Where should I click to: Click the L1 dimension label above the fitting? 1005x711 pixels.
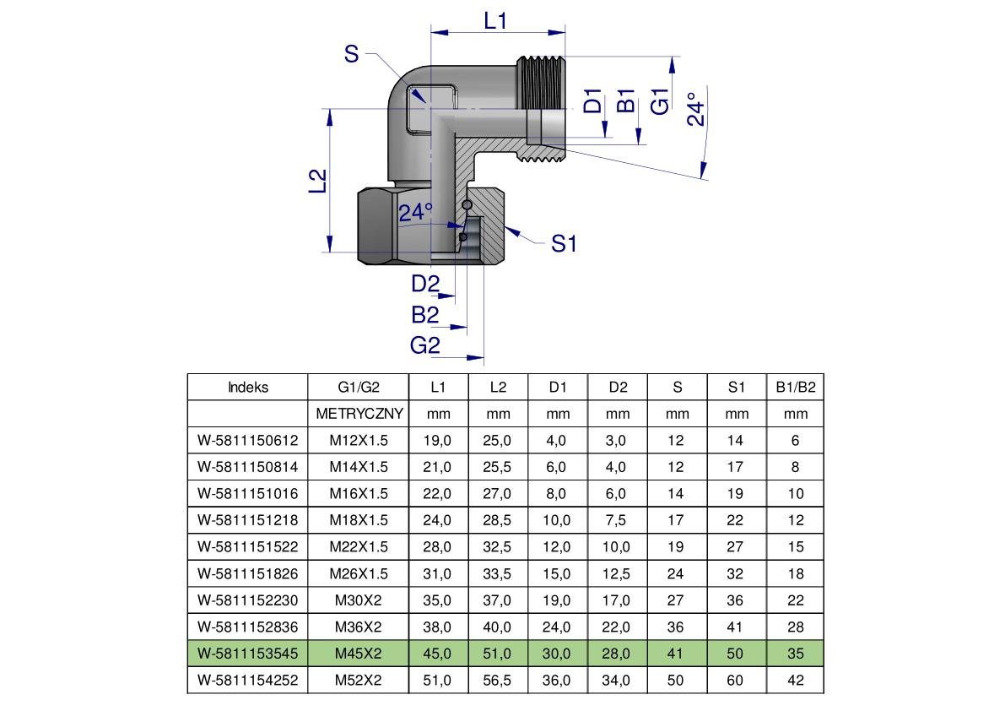tap(495, 20)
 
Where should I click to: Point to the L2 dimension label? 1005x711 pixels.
tap(316, 182)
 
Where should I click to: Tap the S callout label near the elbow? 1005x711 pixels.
tap(351, 55)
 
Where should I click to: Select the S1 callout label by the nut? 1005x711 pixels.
tap(564, 244)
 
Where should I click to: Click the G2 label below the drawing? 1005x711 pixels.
tap(425, 345)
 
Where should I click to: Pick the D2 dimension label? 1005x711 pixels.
tap(426, 285)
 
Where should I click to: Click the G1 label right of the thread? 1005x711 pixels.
tap(661, 100)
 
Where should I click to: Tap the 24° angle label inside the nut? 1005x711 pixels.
tap(415, 212)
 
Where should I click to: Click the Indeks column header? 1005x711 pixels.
tap(248, 387)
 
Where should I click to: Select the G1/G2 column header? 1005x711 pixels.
tap(359, 387)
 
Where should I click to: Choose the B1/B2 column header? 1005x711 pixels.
tap(795, 387)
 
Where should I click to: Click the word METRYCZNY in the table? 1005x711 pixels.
tap(359, 414)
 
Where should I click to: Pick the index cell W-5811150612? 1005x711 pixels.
tap(248, 440)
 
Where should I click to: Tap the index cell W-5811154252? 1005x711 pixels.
tap(248, 680)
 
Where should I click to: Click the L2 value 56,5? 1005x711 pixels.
tap(499, 680)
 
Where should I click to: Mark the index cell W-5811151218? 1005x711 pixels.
tap(248, 520)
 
